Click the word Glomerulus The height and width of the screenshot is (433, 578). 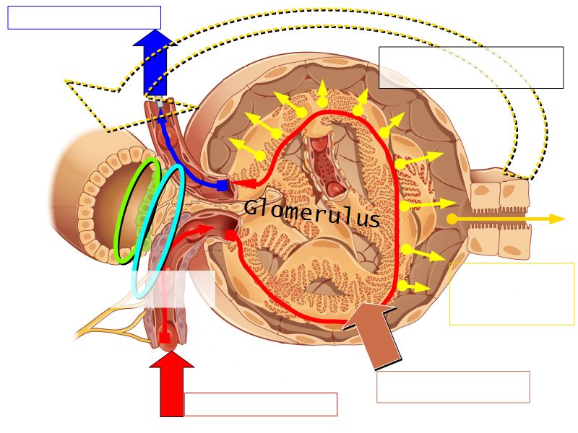(312, 213)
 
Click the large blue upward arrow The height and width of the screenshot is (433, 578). (155, 61)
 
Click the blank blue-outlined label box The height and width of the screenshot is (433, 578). (84, 17)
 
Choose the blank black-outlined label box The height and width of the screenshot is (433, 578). (470, 68)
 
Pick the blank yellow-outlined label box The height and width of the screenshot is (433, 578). (512, 294)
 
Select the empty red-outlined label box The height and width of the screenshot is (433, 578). (260, 404)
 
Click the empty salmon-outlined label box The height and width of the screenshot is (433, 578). (453, 387)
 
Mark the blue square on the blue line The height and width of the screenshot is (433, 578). (222, 185)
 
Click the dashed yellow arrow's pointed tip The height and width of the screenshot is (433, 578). (67, 82)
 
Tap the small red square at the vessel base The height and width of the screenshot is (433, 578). (165, 337)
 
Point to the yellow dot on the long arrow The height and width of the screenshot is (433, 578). (451, 219)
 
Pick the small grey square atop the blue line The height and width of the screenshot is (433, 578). (159, 104)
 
